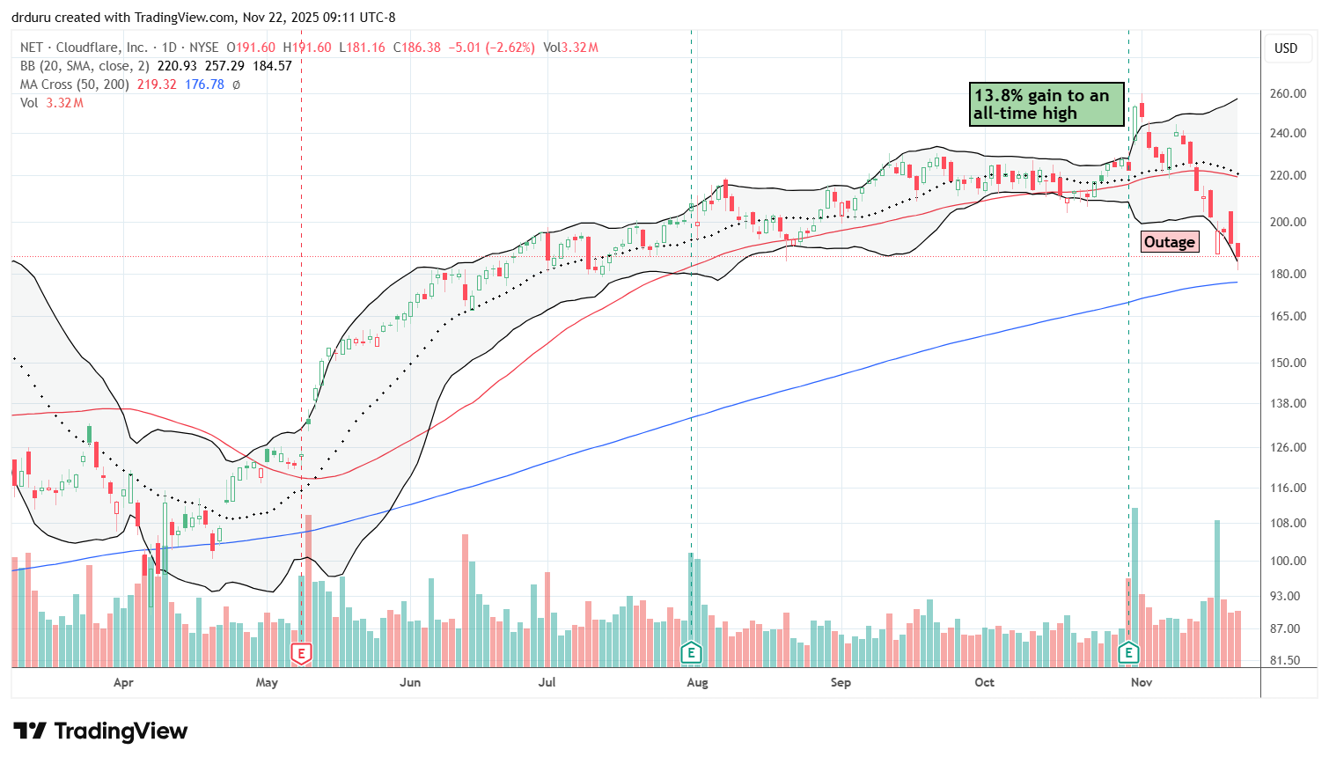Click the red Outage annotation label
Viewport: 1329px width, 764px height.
1169,242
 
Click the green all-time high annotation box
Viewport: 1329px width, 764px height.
1046,105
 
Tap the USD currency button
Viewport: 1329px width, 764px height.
1286,48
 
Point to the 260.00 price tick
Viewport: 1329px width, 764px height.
1287,94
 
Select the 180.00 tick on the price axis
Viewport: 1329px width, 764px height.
1287,274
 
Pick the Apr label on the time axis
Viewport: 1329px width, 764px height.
123,682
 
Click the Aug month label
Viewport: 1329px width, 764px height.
697,682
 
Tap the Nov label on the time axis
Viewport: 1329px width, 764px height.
1142,682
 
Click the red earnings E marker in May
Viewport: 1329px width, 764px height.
302,653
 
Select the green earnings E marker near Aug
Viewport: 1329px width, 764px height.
691,653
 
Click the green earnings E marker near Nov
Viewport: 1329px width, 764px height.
1128,653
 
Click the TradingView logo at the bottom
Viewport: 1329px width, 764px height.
100,731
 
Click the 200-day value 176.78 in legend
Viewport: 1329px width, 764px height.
204,84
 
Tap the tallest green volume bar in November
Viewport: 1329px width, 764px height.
1135,587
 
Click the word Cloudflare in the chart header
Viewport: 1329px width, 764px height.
86,48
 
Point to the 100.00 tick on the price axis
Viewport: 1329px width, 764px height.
1287,561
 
